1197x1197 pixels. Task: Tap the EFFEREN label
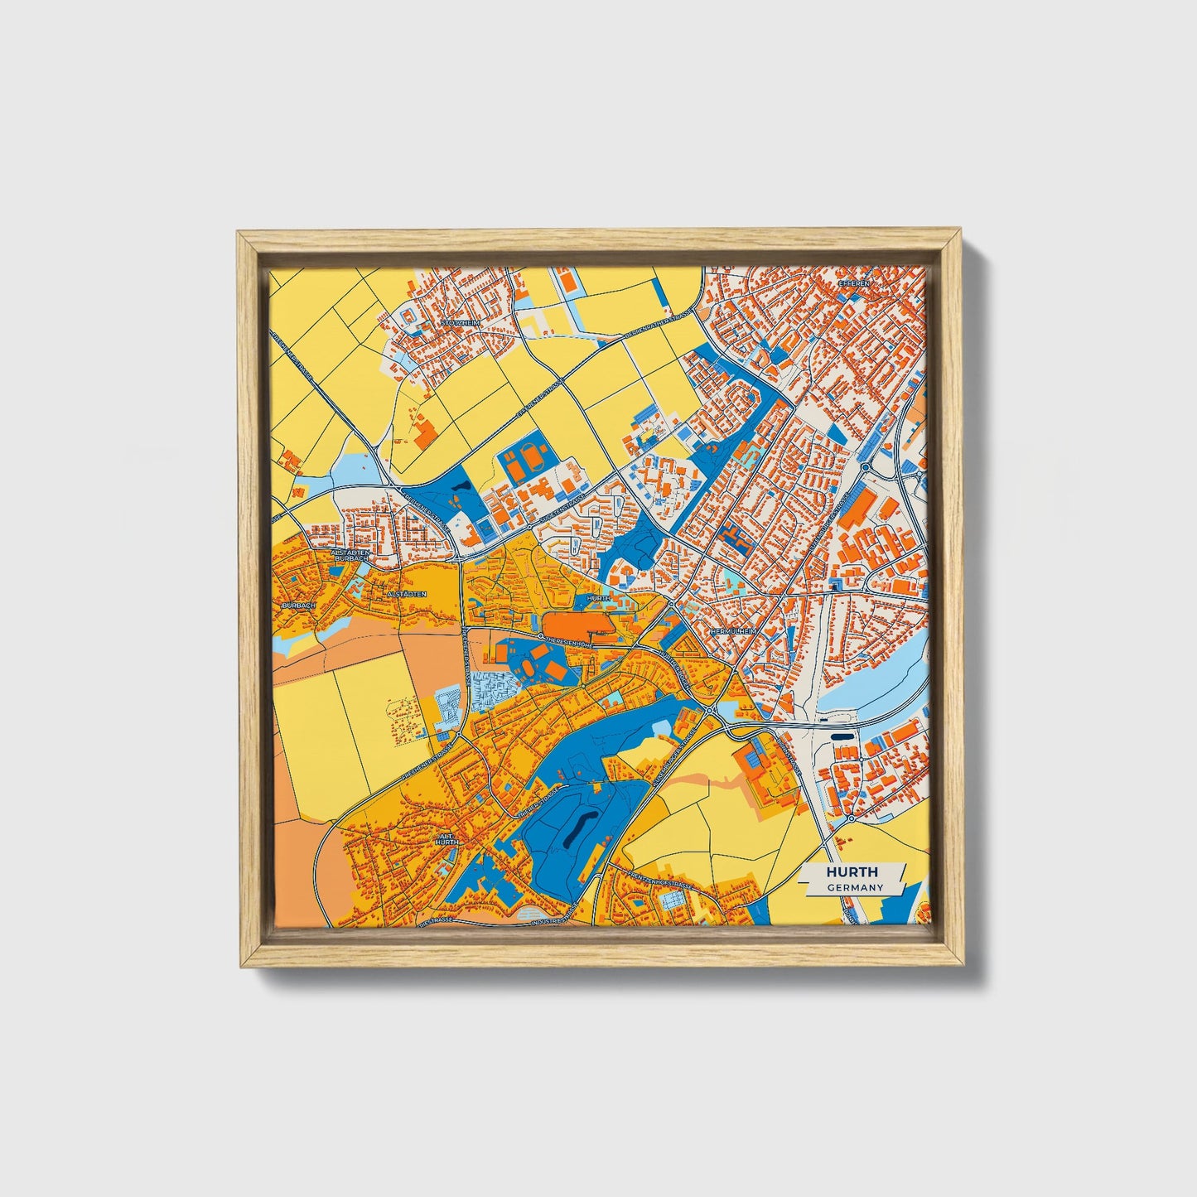856,283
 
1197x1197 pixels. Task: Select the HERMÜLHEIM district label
733,631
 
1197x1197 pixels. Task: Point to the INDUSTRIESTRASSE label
553,919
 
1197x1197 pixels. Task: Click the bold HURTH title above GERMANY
851,872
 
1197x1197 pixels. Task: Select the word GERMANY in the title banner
853,887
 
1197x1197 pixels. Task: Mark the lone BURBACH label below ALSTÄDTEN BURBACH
298,606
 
